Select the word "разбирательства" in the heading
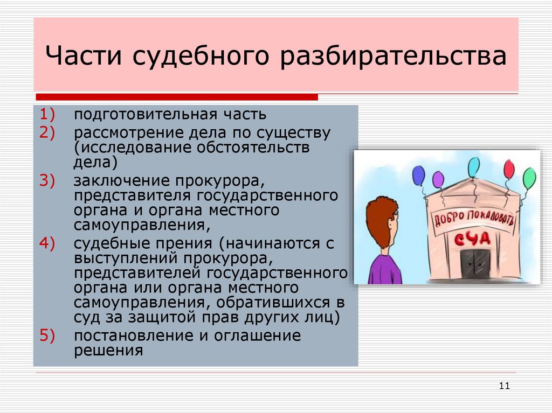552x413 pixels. (x=392, y=58)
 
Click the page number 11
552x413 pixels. (x=505, y=386)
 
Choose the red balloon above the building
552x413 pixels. (x=509, y=170)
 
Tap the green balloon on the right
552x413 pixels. (x=529, y=178)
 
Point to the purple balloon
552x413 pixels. (x=438, y=179)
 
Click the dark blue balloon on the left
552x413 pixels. (x=418, y=175)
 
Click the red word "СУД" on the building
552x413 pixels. (x=470, y=239)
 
